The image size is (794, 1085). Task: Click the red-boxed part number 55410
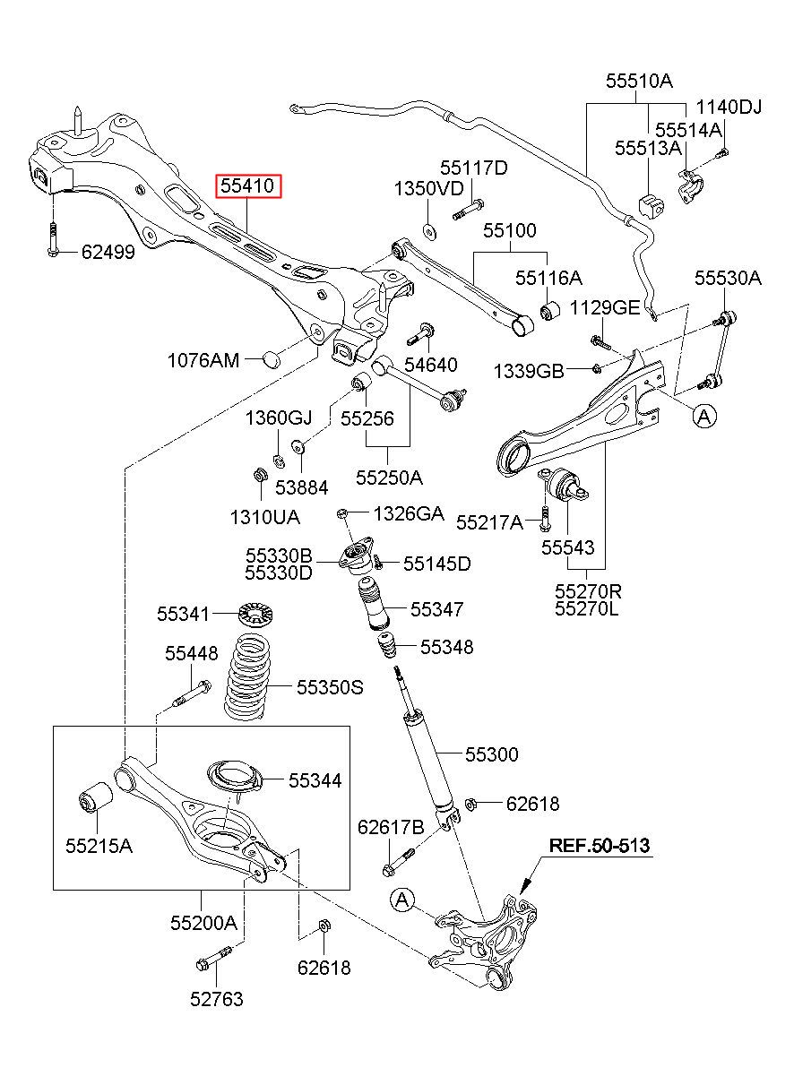point(247,185)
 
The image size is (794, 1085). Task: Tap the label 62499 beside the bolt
point(108,252)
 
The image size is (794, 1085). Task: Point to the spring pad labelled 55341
point(256,615)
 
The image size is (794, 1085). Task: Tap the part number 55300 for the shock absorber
point(492,754)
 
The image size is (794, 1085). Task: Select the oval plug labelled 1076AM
point(272,359)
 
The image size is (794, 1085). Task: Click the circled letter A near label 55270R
point(704,416)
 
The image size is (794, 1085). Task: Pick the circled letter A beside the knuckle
point(402,900)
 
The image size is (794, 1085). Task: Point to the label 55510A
point(639,81)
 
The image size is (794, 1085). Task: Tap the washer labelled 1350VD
point(429,232)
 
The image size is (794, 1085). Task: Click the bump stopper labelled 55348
point(386,645)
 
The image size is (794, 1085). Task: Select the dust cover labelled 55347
point(373,604)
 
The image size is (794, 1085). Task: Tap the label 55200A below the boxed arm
point(203,923)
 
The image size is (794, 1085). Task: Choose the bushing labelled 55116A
point(550,311)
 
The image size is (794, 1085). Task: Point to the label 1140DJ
point(729,107)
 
